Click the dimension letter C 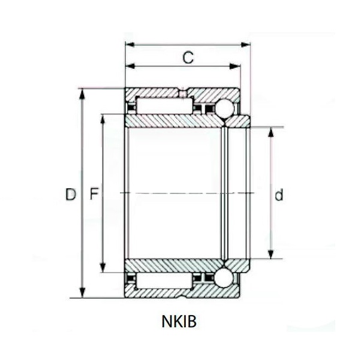click(x=188, y=58)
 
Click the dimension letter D click(x=70, y=195)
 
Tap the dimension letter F click(x=94, y=194)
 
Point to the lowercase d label click(x=279, y=195)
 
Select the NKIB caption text click(x=179, y=321)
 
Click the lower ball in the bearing click(x=224, y=278)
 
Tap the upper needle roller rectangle click(x=165, y=105)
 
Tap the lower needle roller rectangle click(x=164, y=281)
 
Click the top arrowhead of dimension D click(x=82, y=93)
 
